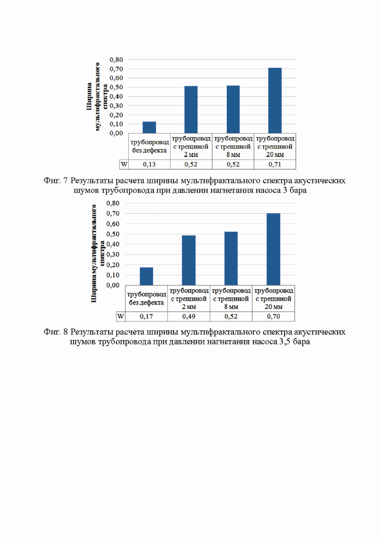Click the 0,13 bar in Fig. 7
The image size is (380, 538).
pyautogui.click(x=149, y=127)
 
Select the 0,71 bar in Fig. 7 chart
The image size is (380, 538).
pyautogui.click(x=275, y=100)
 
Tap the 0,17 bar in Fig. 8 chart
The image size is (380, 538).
pyautogui.click(x=146, y=276)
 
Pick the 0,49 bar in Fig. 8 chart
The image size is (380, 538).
pyautogui.click(x=189, y=260)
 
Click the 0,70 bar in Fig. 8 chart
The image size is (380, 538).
pyautogui.click(x=273, y=249)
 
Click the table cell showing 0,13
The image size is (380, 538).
pyautogui.click(x=149, y=164)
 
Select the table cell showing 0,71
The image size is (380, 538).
pyautogui.click(x=275, y=164)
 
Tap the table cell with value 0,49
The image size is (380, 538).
pyautogui.click(x=189, y=317)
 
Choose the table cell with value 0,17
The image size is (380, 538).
pyautogui.click(x=146, y=317)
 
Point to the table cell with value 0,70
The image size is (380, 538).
pyautogui.click(x=273, y=317)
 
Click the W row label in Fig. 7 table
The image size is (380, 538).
pyautogui.click(x=124, y=164)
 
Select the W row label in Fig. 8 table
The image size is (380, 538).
pyautogui.click(x=121, y=317)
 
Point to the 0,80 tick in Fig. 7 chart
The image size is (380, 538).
pyautogui.click(x=116, y=60)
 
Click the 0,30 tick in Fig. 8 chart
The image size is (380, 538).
pyautogui.click(x=113, y=255)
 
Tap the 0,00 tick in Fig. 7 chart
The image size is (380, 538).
pyautogui.click(x=116, y=133)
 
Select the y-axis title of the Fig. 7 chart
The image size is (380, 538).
pyautogui.click(x=97, y=97)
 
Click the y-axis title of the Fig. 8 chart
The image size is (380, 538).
pyautogui.click(x=97, y=254)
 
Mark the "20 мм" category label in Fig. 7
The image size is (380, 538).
pyautogui.click(x=275, y=155)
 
